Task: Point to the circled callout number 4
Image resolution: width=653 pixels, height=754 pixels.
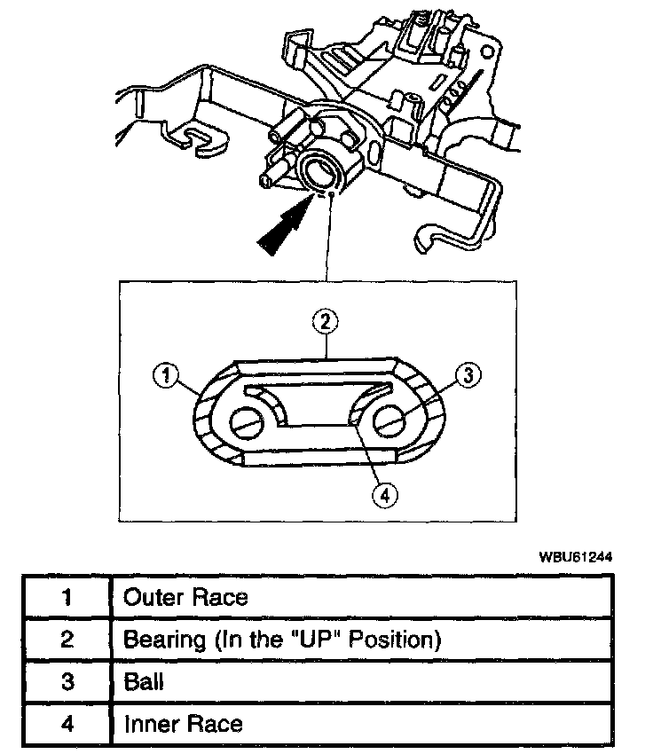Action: pyautogui.click(x=384, y=495)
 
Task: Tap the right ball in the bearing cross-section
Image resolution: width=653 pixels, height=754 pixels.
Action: pyautogui.click(x=390, y=423)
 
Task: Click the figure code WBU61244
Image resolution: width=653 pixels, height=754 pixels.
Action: pyautogui.click(x=576, y=558)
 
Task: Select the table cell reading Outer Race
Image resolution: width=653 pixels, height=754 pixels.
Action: pyautogui.click(x=185, y=597)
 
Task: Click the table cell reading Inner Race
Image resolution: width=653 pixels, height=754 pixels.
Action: pyautogui.click(x=182, y=724)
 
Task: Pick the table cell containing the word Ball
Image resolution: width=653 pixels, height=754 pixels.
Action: pyautogui.click(x=143, y=682)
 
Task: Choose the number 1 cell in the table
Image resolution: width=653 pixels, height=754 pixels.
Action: pyautogui.click(x=67, y=597)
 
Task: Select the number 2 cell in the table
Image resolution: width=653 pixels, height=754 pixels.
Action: pyautogui.click(x=67, y=640)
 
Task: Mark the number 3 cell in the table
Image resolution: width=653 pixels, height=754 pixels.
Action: pyautogui.click(x=67, y=682)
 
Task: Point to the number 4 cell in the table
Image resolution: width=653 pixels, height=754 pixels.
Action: pyautogui.click(x=67, y=724)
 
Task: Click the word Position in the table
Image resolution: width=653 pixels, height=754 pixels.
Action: pyautogui.click(x=397, y=639)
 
